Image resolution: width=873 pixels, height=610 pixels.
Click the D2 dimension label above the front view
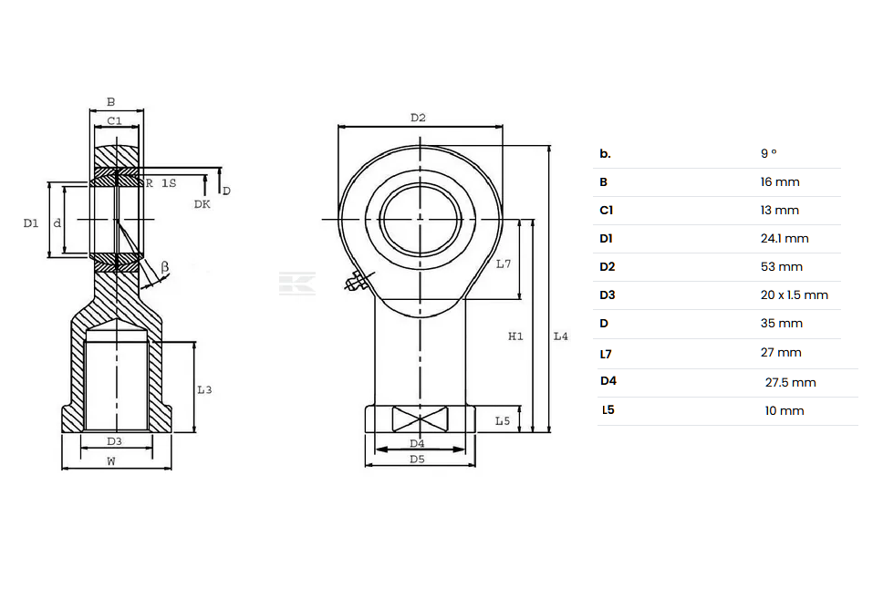[x=418, y=118]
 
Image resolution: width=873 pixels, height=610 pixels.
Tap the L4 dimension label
[x=561, y=336]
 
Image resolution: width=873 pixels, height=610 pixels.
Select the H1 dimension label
[x=515, y=336]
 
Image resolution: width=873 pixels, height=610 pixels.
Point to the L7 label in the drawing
[x=504, y=264]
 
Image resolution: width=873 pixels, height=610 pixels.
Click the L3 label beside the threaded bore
[x=204, y=389]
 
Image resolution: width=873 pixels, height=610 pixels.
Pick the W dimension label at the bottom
[x=111, y=460]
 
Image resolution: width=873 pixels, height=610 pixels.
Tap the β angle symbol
[x=164, y=267]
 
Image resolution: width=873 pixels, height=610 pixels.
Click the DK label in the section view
[x=203, y=204]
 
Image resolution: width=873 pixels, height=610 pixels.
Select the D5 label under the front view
[x=417, y=460]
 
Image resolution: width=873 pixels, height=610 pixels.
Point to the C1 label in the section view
[x=114, y=120]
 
